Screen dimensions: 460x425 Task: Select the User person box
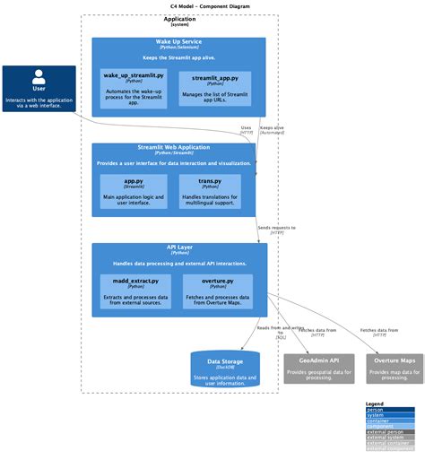[x=39, y=89]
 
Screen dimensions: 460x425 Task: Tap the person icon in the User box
[x=39, y=76]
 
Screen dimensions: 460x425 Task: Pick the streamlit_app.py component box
[x=215, y=89]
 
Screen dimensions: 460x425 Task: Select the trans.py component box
[x=210, y=192]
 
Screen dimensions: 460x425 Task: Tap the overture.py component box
[x=218, y=291]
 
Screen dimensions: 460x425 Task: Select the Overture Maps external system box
[x=395, y=369]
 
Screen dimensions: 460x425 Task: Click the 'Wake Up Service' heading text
[x=179, y=42]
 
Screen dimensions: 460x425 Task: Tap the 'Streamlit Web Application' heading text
[x=179, y=147]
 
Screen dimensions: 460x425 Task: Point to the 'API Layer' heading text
[x=179, y=247]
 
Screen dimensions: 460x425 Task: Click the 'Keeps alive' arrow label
[x=272, y=127]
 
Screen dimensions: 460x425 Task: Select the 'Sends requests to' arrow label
[x=277, y=228]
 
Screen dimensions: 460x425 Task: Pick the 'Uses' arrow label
[x=246, y=127]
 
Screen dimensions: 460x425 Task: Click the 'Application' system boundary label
[x=179, y=19]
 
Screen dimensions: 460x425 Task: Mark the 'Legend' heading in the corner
[x=375, y=404]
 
